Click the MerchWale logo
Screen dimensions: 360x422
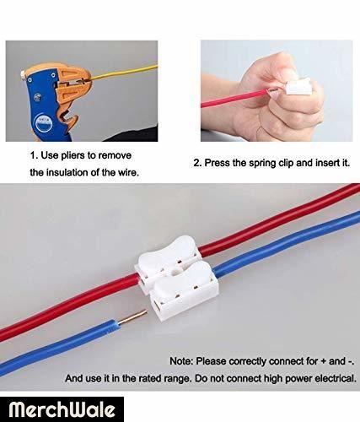pos(62,409)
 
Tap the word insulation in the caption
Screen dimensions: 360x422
pos(67,172)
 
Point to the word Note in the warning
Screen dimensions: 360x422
pos(181,361)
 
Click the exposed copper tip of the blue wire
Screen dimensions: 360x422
pos(134,316)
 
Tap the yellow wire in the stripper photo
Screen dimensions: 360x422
pos(124,72)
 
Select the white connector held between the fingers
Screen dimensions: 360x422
pos(298,88)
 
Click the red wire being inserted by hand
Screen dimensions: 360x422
pos(235,97)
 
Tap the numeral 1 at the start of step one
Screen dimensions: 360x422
pos(33,155)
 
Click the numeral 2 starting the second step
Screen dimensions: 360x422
pos(196,163)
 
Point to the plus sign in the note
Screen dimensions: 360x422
pos(323,361)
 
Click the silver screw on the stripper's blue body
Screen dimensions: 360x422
pos(37,97)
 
